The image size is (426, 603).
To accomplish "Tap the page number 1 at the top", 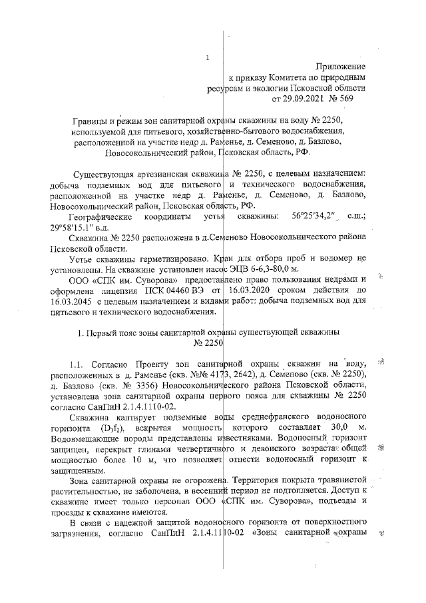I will coord(208,58).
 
